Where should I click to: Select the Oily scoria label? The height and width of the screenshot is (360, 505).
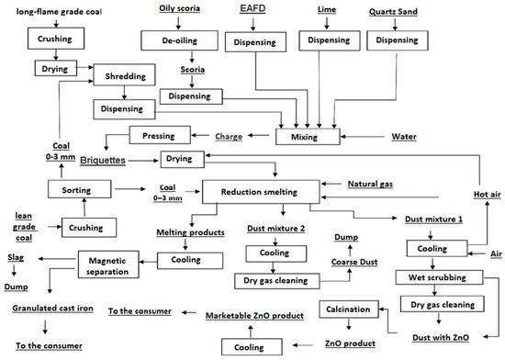coord(176,9)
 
